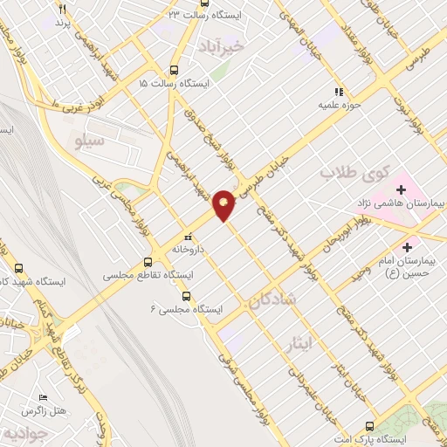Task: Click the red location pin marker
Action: [224, 204]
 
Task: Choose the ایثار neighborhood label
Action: [298, 344]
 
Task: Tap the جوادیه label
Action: [19, 433]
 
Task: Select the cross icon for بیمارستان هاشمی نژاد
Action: [402, 189]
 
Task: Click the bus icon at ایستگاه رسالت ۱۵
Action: [174, 70]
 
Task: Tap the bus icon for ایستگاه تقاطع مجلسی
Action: [149, 260]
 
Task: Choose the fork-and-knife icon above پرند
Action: [62, 8]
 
